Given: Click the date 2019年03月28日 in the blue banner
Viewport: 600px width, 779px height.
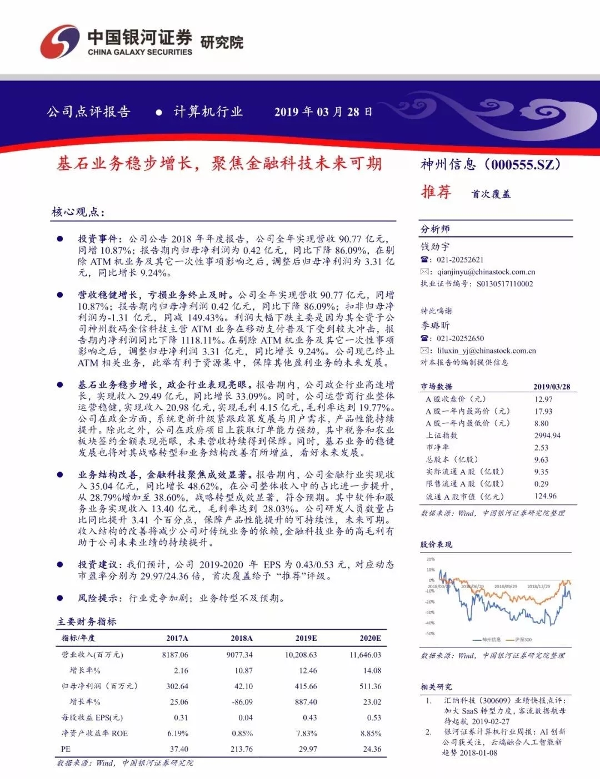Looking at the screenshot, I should click(x=323, y=112).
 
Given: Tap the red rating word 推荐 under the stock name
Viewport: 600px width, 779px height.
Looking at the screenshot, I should click(x=436, y=192).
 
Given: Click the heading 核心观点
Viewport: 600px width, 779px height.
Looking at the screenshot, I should click(x=78, y=212).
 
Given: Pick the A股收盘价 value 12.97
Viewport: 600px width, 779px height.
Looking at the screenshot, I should click(x=543, y=399).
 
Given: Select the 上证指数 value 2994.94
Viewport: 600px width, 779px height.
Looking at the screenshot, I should click(x=547, y=436).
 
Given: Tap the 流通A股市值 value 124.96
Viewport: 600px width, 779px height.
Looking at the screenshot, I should click(x=545, y=496).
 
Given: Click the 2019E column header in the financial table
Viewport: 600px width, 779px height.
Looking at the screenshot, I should click(x=306, y=638).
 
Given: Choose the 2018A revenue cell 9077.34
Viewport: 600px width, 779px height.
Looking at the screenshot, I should click(x=239, y=655).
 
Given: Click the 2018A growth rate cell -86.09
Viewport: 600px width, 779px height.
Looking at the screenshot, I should click(x=242, y=702).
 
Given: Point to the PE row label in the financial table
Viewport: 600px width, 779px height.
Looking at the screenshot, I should click(x=66, y=749).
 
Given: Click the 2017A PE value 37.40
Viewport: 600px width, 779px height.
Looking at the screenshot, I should click(x=179, y=749).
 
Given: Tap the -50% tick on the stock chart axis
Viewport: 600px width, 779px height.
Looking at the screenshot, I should click(x=430, y=634).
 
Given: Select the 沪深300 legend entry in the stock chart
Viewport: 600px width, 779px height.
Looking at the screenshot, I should click(x=523, y=640).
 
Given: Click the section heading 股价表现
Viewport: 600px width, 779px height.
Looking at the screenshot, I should click(x=436, y=544).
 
